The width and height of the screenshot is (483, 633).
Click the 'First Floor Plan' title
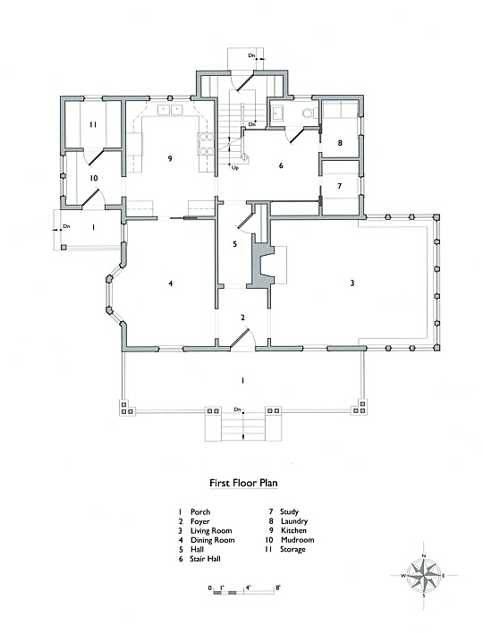(x=243, y=483)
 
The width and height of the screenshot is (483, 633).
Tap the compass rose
(x=424, y=575)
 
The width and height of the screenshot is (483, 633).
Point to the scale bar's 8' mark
(x=277, y=587)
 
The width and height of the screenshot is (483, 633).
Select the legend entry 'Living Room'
(x=211, y=530)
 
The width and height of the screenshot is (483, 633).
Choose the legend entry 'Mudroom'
(x=298, y=540)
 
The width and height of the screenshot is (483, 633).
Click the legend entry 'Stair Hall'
(x=205, y=559)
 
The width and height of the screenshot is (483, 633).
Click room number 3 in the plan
(x=352, y=283)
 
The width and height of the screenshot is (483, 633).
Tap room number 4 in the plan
(x=171, y=283)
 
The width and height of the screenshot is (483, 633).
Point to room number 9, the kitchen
(x=170, y=158)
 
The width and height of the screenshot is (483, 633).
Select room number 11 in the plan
(x=93, y=125)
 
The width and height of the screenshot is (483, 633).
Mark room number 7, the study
(x=340, y=186)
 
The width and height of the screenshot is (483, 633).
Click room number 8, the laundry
(x=340, y=142)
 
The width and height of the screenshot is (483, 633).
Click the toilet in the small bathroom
(x=309, y=113)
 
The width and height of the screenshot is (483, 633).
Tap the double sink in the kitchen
(x=170, y=109)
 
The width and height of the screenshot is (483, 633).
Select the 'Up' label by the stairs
(x=235, y=167)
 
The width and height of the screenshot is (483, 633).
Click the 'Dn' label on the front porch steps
(x=237, y=409)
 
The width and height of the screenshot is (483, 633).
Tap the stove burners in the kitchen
(x=206, y=144)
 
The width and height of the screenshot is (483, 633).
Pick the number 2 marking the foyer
(x=242, y=317)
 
